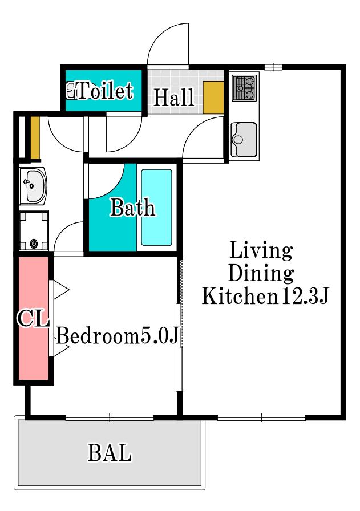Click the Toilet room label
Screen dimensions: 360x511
pos(105,90)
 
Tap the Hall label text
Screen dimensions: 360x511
pos(173,97)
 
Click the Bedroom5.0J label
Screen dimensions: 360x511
pos(118,335)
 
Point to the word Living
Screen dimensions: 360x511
pos(261,251)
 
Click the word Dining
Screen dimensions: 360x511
pos(261,273)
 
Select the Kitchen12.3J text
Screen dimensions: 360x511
pos(265,295)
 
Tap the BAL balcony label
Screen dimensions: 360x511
pos(110,452)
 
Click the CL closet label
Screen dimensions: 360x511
pos(33,318)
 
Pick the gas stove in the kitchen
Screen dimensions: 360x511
pos(244,88)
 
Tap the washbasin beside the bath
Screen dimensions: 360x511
pos(33,186)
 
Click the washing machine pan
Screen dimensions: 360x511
pos(34,231)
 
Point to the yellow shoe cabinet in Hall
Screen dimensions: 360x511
pos(213,98)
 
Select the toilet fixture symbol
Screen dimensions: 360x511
pos(71,90)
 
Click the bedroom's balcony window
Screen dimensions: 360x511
pos(110,417)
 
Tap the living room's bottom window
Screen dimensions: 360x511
pos(261,417)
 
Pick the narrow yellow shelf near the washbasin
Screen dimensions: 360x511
pos(35,137)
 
